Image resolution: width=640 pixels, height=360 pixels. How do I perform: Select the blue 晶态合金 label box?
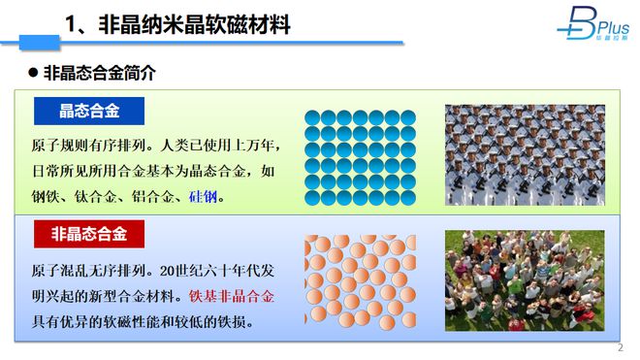89,111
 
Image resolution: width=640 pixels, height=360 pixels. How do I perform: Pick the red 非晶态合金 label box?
89,234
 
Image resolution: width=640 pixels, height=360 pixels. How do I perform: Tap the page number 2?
620,348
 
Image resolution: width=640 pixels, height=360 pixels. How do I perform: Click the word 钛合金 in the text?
92,197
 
